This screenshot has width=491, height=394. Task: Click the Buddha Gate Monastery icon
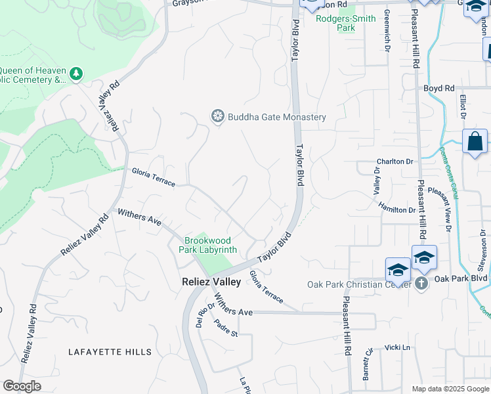(217, 117)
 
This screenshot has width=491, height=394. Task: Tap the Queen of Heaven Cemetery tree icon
(77, 74)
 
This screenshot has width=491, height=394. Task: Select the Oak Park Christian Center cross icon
(421, 284)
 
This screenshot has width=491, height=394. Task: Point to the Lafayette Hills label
(110, 352)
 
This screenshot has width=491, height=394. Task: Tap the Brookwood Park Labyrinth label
(210, 245)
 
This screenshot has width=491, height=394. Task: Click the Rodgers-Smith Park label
(345, 24)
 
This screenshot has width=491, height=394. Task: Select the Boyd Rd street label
(438, 88)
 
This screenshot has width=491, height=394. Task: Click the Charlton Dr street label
(395, 162)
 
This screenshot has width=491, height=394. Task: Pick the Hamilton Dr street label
(396, 208)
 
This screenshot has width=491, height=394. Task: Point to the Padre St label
(225, 328)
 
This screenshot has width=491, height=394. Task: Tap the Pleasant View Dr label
(440, 209)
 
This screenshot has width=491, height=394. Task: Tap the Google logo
(22, 386)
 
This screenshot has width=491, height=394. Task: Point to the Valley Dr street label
(377, 180)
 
